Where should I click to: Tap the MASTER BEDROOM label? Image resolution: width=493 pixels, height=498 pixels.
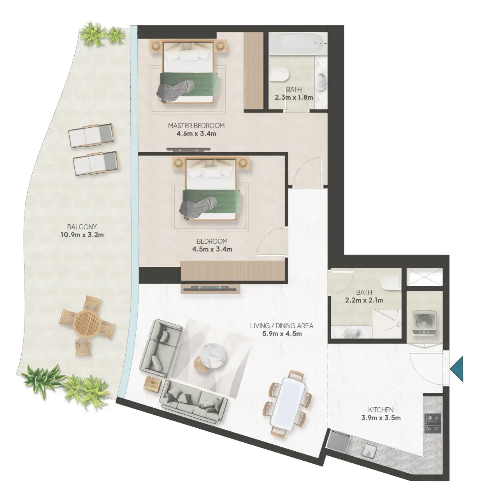tap(196, 126)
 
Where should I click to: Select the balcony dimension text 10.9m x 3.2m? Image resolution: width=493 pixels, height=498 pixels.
tap(82, 235)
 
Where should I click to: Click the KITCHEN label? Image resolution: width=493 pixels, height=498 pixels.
tap(381, 410)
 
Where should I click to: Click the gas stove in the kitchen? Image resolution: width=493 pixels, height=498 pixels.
tap(433, 423)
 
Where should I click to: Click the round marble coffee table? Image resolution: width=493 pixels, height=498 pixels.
tap(215, 355)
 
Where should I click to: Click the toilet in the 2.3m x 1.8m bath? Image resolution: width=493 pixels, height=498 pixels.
tap(279, 75)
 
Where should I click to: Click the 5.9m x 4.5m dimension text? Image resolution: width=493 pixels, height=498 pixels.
tap(282, 334)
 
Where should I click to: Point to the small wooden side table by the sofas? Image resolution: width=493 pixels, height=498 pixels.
tap(153, 384)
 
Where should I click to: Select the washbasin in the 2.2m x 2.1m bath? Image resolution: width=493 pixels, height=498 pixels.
tap(350, 332)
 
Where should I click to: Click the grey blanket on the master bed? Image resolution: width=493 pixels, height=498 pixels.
tap(175, 89)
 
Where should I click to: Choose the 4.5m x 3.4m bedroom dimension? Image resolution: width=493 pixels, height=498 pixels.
tap(212, 249)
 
